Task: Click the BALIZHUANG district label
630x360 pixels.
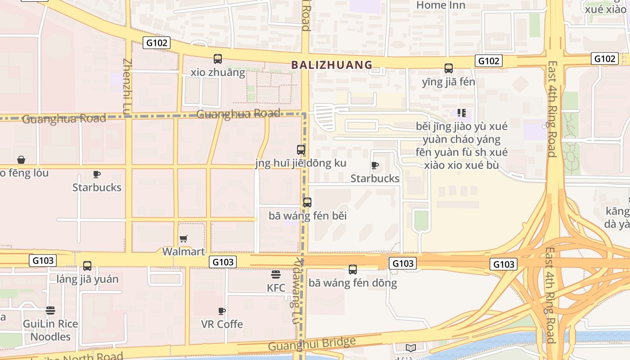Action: point(332,65)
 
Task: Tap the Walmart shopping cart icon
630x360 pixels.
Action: point(184,238)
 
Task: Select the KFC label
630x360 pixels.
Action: point(276,288)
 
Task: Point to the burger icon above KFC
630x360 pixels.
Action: point(276,274)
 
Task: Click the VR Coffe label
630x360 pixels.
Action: point(222,324)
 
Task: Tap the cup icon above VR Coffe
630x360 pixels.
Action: point(221,311)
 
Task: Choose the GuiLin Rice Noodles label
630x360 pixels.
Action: point(50,330)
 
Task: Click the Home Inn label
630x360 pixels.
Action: point(441,5)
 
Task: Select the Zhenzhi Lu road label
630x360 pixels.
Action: point(127,85)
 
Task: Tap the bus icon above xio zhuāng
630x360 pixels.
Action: point(218,58)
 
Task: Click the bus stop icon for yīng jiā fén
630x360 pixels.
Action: point(449,68)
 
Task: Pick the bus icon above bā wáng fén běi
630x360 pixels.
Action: point(307,202)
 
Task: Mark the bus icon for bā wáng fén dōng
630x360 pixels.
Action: point(353,270)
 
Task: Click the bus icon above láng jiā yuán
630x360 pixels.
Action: point(87,266)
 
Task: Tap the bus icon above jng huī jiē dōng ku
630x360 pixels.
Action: point(301,150)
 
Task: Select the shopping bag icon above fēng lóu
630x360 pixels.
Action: point(21,160)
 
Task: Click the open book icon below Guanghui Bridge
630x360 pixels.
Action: point(410,348)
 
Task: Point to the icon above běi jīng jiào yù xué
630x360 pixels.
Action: point(461,112)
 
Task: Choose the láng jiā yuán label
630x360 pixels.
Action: point(87,279)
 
